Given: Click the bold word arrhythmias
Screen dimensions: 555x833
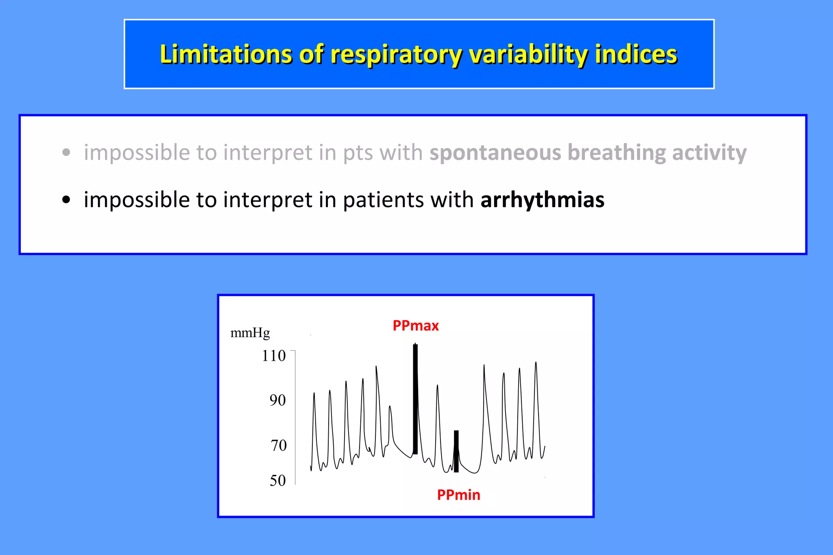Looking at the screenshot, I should [542, 200].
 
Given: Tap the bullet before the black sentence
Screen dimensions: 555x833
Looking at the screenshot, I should [66, 200].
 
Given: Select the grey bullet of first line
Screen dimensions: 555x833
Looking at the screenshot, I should [66, 153].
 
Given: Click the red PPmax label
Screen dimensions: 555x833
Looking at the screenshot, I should [415, 325].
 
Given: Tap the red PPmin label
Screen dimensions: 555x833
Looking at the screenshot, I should [458, 495].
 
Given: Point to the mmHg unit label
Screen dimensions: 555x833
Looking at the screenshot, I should [250, 333].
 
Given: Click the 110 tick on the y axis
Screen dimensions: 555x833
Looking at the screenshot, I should [274, 356].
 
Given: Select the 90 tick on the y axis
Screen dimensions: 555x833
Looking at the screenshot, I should [277, 400].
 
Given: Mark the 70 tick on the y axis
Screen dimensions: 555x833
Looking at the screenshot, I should [279, 445].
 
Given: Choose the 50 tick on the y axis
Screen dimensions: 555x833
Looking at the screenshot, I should [278, 481].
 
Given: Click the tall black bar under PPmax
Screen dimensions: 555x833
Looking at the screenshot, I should [415, 398].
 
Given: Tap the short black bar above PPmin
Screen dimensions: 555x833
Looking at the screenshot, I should [456, 451].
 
